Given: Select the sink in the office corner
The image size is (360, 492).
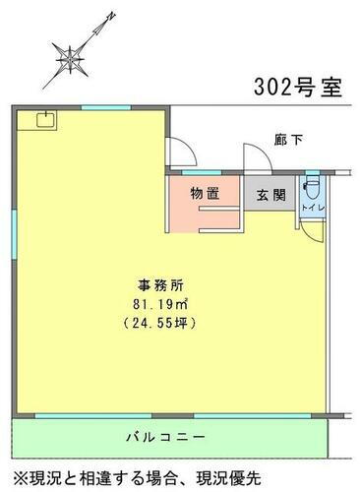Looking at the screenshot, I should click(44, 121).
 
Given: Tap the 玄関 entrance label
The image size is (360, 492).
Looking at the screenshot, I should click(271, 194).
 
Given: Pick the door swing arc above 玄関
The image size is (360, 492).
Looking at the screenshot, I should click(254, 162).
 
